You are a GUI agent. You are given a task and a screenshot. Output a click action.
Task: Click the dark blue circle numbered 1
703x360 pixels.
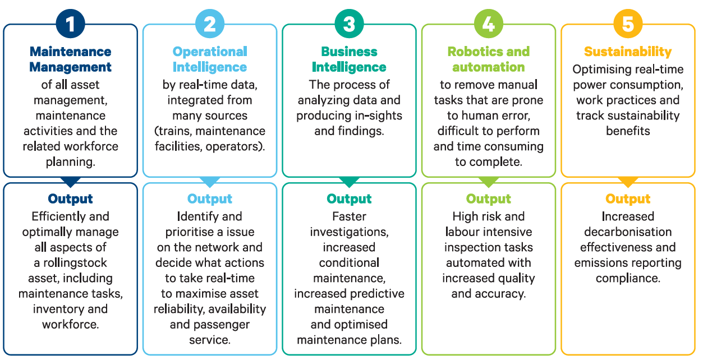click(x=70, y=24)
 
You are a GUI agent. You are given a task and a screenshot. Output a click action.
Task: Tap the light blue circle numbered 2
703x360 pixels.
click(x=209, y=24)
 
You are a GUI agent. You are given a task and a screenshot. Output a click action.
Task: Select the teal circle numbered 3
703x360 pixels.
click(x=349, y=24)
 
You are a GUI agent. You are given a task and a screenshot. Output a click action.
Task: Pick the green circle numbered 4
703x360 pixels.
click(x=488, y=24)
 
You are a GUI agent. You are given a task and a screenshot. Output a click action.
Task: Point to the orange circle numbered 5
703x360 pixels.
click(x=628, y=24)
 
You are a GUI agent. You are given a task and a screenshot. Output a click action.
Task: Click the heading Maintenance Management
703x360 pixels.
click(x=70, y=59)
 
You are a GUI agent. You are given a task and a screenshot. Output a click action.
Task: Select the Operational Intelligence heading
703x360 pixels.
click(x=209, y=59)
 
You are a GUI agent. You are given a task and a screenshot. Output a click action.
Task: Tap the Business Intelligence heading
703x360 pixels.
click(x=349, y=59)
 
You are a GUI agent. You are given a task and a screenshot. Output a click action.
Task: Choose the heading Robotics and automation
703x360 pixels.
click(x=488, y=59)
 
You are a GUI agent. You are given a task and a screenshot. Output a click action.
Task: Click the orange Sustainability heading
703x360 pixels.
click(x=628, y=52)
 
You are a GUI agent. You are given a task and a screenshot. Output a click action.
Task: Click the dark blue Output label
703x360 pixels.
click(x=70, y=199)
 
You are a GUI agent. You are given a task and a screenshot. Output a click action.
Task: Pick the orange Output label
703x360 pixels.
click(x=628, y=199)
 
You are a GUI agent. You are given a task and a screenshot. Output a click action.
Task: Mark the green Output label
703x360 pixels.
click(x=488, y=199)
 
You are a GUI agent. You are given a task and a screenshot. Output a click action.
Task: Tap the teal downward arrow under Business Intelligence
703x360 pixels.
click(x=349, y=182)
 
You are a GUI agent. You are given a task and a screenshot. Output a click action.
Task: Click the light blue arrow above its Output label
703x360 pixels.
click(x=209, y=182)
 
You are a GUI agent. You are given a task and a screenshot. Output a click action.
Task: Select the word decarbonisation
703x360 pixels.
click(x=628, y=232)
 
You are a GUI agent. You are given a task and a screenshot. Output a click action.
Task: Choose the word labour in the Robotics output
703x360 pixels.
click(x=465, y=232)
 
